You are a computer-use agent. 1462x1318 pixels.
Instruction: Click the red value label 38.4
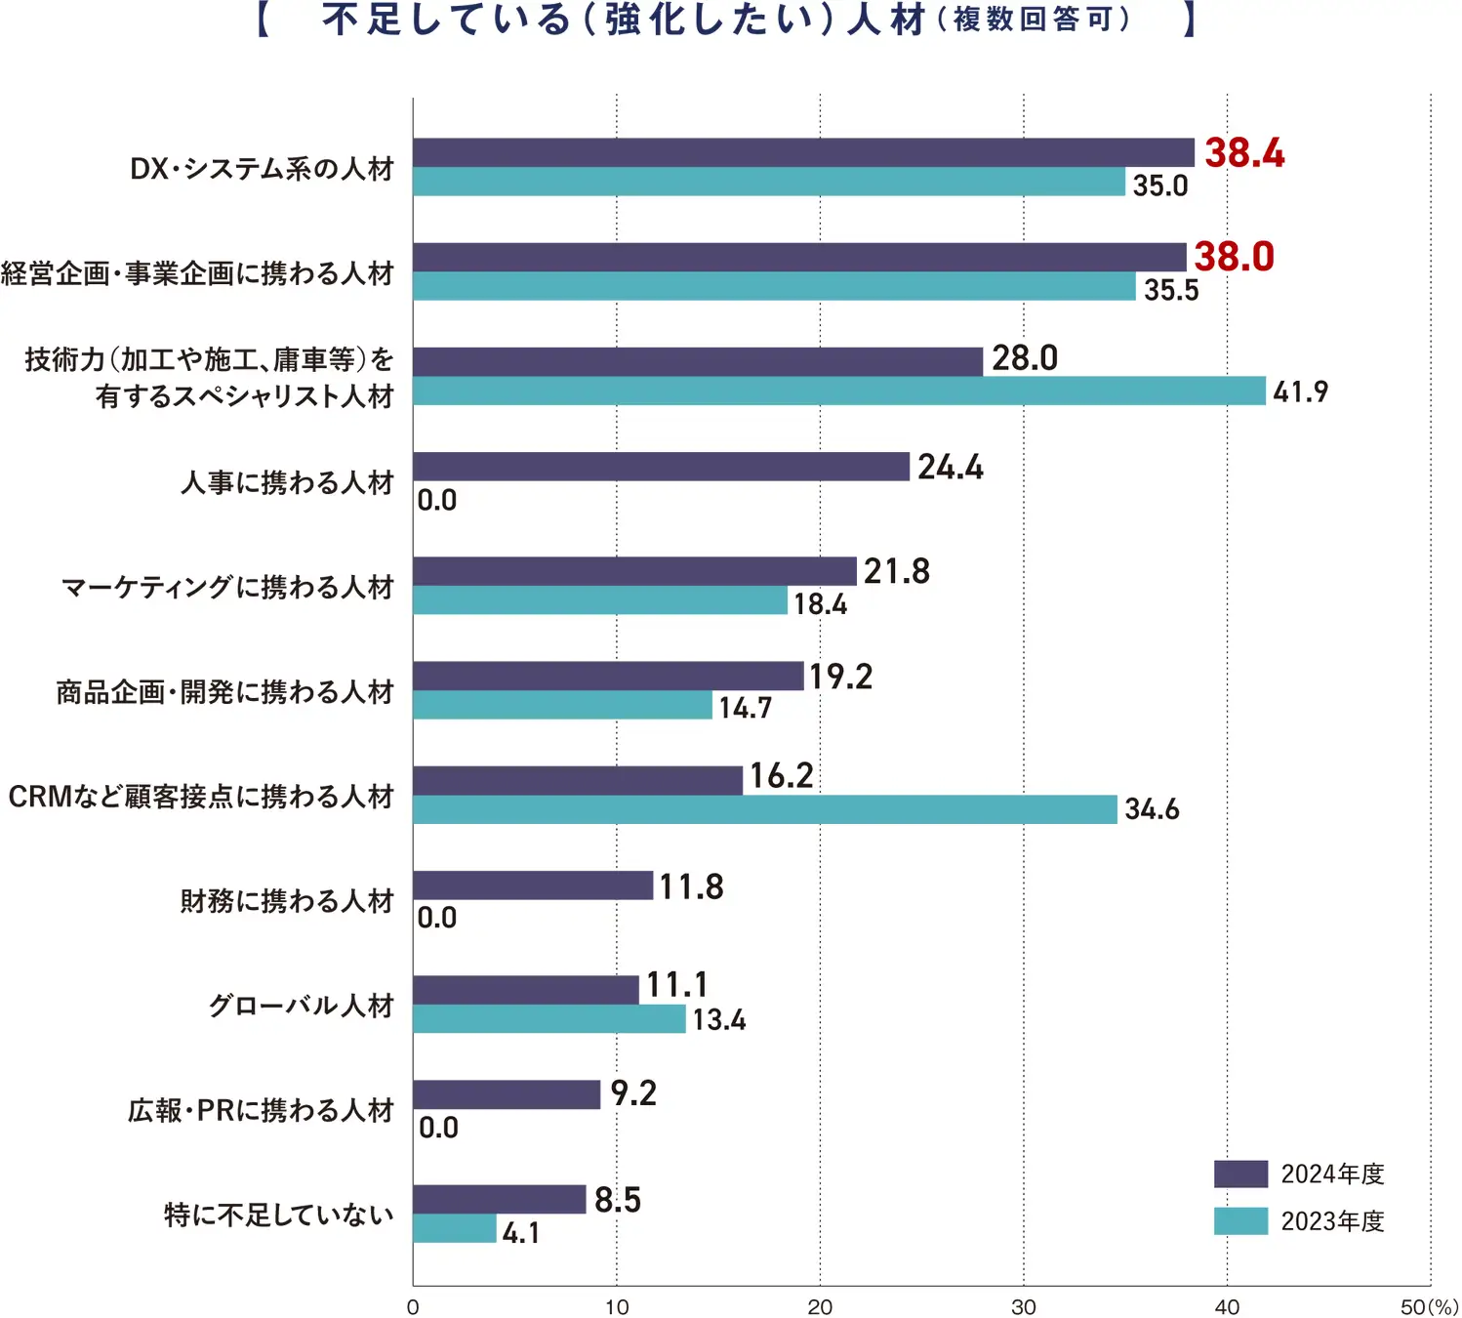1244,153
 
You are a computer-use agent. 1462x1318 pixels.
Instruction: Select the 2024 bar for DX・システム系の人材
803,152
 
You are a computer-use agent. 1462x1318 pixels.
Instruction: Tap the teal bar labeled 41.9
839,391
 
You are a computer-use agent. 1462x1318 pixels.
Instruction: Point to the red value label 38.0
1234,257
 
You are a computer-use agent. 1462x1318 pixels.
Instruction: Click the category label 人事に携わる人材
287,483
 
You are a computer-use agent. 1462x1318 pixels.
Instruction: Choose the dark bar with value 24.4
661,467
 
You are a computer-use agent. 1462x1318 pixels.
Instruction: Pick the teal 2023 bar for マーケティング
600,600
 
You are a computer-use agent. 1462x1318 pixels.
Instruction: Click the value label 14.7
745,708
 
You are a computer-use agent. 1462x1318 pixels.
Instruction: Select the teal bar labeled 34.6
765,809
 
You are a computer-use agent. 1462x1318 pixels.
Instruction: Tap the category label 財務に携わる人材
287,901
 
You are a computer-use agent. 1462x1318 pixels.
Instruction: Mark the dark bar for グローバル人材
526,990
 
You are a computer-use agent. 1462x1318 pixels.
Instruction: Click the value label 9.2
633,1093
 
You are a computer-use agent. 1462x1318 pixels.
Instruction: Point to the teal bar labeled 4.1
455,1228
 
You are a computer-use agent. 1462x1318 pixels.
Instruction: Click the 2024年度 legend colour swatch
1240,1174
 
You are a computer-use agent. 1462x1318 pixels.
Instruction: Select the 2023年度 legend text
1332,1221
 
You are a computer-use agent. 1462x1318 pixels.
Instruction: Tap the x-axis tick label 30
1023,1307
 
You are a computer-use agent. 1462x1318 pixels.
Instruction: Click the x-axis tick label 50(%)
1429,1307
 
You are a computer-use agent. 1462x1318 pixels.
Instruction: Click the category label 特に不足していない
279,1215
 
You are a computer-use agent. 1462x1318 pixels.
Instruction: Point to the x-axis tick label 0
413,1307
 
